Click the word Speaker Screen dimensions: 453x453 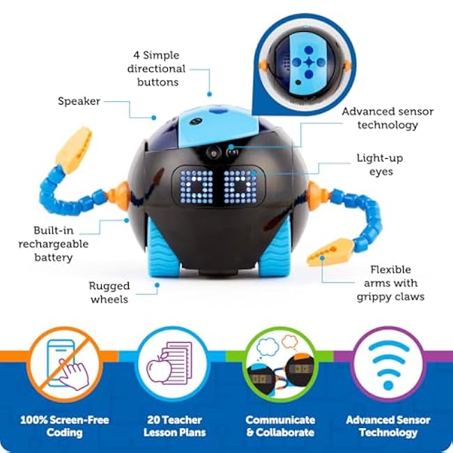[x=79, y=101]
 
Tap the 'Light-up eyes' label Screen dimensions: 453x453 [x=380, y=164]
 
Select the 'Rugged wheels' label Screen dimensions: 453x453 [x=109, y=293]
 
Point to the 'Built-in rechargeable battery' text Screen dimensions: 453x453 [x=54, y=244]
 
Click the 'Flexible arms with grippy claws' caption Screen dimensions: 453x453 [x=390, y=283]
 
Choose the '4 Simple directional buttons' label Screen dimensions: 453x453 [x=157, y=69]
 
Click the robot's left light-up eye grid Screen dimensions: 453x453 [x=197, y=187]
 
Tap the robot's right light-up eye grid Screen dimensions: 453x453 [x=240, y=187]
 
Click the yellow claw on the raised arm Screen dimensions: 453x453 [x=74, y=150]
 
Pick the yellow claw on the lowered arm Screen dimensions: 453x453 [x=330, y=252]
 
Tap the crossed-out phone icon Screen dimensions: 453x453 [x=66, y=364]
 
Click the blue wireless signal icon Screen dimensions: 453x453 [x=388, y=364]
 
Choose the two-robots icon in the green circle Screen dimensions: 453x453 [x=280, y=364]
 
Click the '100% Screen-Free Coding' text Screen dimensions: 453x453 [x=65, y=426]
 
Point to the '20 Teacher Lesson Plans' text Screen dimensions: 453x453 [x=174, y=426]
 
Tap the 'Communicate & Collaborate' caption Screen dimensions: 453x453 [x=280, y=426]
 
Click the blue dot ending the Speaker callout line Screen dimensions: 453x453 [x=154, y=118]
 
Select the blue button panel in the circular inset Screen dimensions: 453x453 [x=308, y=64]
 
